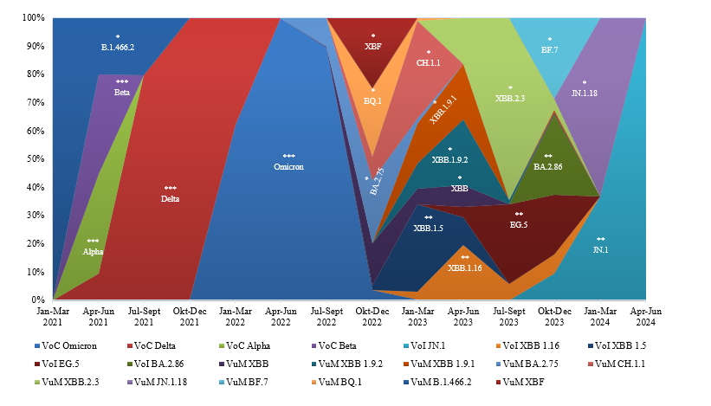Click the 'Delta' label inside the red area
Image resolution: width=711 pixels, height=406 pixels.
pyautogui.click(x=171, y=199)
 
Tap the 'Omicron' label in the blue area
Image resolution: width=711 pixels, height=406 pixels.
pyautogui.click(x=288, y=166)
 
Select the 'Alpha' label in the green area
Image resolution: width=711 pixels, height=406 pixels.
pyautogui.click(x=93, y=251)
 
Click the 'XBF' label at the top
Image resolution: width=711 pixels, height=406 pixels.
pyautogui.click(x=373, y=47)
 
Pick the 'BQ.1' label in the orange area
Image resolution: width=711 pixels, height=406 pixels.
pyautogui.click(x=372, y=100)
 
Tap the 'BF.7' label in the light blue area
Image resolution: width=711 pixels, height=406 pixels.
pyautogui.click(x=550, y=50)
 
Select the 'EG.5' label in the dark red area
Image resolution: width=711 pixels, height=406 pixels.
pyautogui.click(x=519, y=224)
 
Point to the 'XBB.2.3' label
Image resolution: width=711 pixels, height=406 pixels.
pyautogui.click(x=510, y=99)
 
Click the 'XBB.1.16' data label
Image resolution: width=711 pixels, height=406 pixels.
pyautogui.click(x=464, y=267)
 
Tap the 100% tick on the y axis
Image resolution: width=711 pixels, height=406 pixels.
pyautogui.click(x=35, y=18)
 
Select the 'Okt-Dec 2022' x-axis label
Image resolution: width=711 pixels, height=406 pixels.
pyautogui.click(x=372, y=316)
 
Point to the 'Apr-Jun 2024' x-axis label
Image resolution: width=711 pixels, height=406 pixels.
pyautogui.click(x=645, y=316)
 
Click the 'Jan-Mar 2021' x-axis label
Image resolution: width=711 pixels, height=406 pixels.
pyautogui.click(x=54, y=316)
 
